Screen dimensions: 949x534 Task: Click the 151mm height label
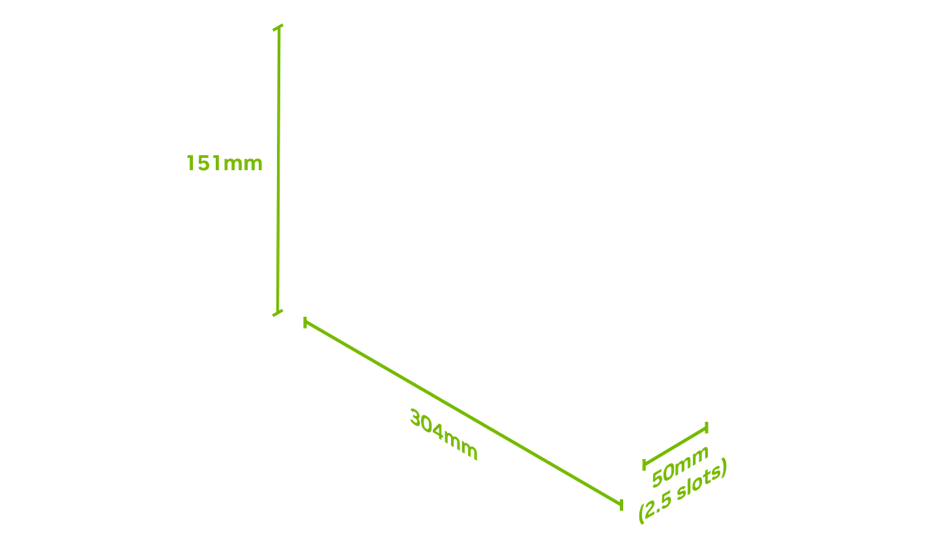click(x=225, y=163)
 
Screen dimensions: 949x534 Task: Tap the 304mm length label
click(x=444, y=434)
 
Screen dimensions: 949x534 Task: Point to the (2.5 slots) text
click(x=682, y=493)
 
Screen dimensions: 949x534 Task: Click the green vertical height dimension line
click(x=278, y=170)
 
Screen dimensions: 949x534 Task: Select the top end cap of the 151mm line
click(x=278, y=27)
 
